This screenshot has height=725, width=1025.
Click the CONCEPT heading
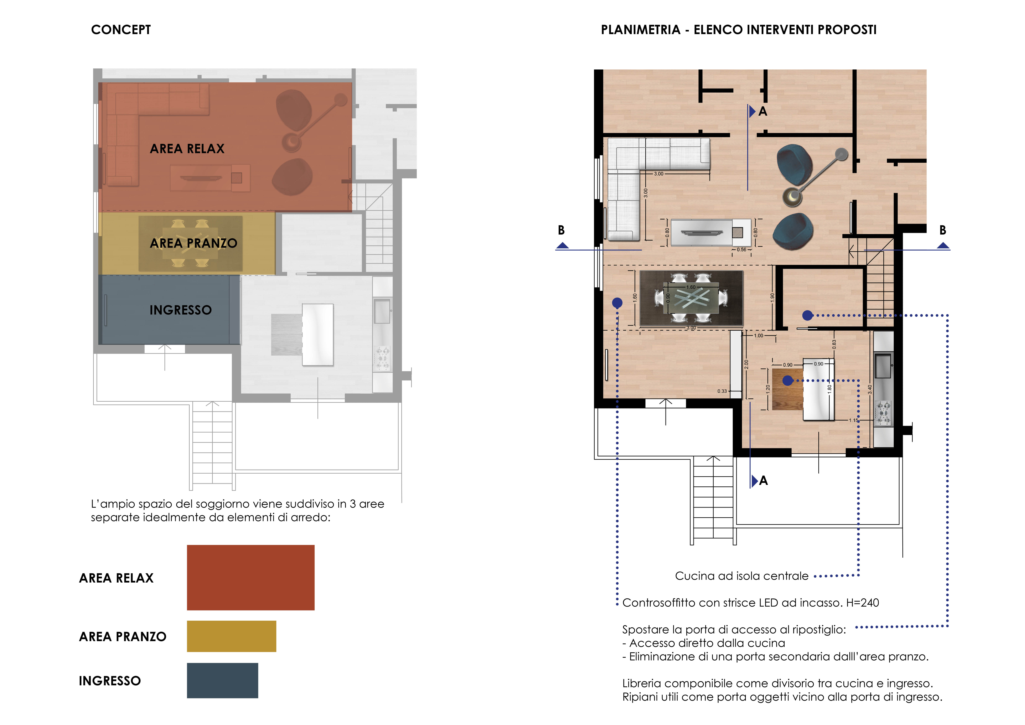point(121,30)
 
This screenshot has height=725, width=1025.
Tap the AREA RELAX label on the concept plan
point(187,149)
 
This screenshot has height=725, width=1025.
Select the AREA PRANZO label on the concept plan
point(193,243)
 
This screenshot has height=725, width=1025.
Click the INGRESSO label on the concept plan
point(180,310)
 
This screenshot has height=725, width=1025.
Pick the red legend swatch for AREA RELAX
point(250,577)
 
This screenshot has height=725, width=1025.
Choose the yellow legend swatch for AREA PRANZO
point(231,636)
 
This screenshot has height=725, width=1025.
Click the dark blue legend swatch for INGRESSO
point(222,680)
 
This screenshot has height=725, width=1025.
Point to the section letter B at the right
point(943,230)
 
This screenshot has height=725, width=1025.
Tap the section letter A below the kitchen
point(763,480)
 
